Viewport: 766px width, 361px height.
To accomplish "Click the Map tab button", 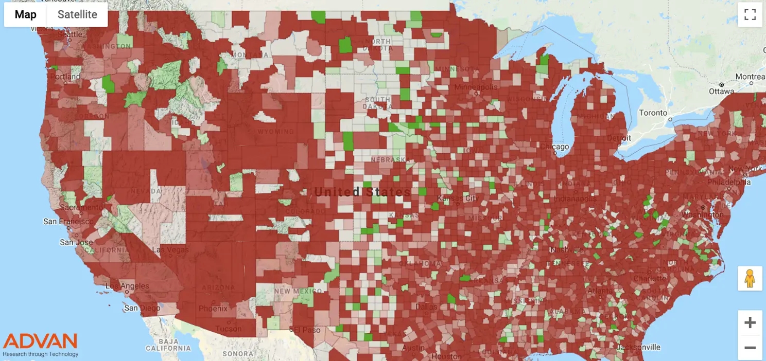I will click(25, 14).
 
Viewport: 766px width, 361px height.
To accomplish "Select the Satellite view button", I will click(77, 14).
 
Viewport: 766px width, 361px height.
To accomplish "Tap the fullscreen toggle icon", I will click(750, 14).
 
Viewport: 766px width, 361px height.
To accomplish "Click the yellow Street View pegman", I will click(750, 278).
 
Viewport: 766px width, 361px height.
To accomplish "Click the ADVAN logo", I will click(40, 344).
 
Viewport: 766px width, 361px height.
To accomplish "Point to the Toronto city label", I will click(653, 113).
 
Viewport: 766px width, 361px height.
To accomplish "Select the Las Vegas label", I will click(170, 250).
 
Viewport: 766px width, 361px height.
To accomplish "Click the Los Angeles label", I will click(127, 286).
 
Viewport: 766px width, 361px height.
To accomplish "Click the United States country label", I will click(362, 192).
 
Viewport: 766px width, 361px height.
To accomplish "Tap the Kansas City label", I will click(458, 198).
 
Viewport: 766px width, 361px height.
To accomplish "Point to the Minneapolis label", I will click(476, 87).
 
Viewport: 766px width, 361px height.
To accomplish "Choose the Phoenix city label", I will click(213, 309).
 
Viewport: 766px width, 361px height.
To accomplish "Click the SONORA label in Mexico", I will click(238, 354).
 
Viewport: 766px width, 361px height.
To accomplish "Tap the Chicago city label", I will click(554, 147).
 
